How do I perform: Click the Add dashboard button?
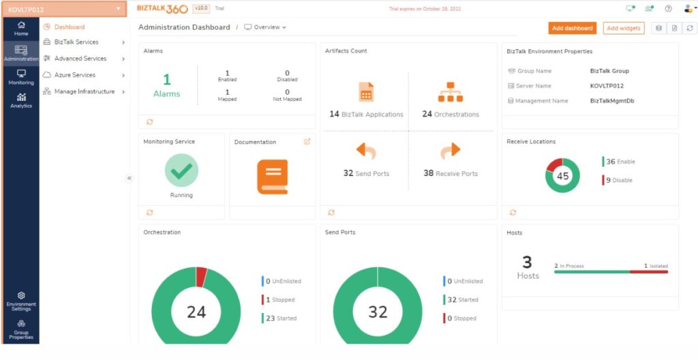(572, 28)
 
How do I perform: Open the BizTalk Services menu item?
(76, 42)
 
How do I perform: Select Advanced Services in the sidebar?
(80, 59)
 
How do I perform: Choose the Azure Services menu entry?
(74, 75)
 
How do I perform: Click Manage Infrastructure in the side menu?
(84, 91)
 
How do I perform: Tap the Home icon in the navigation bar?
(21, 28)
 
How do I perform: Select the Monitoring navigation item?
(21, 76)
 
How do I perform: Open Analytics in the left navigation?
(21, 100)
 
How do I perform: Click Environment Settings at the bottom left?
(21, 301)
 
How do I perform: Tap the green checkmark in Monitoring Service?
(181, 170)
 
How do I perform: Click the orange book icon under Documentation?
(272, 177)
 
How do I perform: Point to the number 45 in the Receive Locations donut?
(562, 176)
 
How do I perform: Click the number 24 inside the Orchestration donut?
(196, 312)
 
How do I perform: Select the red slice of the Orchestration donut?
(201, 276)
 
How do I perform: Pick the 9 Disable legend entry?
(619, 181)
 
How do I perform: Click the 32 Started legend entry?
(463, 299)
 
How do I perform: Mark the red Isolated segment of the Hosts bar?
(648, 272)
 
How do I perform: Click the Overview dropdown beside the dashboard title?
(265, 27)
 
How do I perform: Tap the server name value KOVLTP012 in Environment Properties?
(607, 86)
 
